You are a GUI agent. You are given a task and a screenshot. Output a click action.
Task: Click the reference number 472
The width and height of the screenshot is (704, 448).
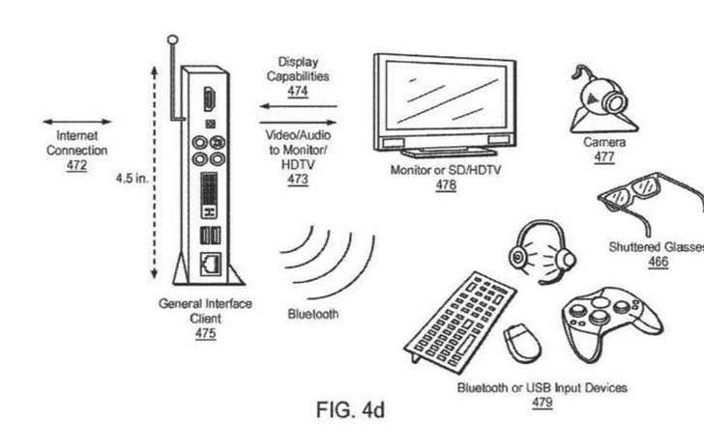[76, 165]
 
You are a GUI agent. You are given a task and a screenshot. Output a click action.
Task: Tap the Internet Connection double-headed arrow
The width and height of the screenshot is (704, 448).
[76, 123]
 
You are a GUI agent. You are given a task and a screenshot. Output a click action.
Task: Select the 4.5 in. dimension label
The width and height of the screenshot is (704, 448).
[130, 180]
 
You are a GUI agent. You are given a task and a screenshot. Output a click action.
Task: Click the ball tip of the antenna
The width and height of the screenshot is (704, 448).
[173, 41]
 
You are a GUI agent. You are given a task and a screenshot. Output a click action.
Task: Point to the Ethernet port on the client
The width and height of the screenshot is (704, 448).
[210, 262]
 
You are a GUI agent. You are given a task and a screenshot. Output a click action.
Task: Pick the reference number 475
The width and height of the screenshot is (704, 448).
[205, 334]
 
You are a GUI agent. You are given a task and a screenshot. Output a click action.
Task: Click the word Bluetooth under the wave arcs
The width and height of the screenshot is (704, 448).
[313, 314]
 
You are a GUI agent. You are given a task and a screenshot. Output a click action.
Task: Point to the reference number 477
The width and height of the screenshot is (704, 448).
[603, 156]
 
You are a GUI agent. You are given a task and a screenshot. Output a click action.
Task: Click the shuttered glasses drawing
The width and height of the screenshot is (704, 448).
[648, 204]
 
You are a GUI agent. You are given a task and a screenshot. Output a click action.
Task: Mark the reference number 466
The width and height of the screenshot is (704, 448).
[658, 262]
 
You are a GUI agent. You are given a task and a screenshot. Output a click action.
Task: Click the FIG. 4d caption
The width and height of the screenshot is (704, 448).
[350, 409]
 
